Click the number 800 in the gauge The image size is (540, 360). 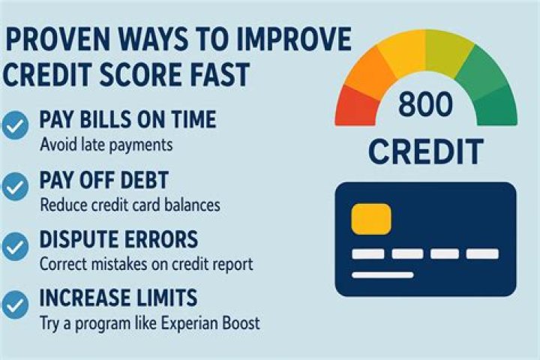[x=426, y=106]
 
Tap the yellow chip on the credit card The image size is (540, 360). [x=370, y=217]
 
